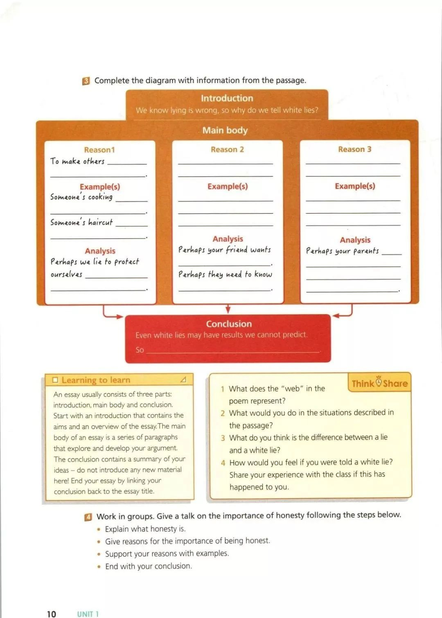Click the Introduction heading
[x=227, y=98]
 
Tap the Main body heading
[x=225, y=130]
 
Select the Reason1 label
[x=99, y=150]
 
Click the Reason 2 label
[x=227, y=149]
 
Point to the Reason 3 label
[x=354, y=149]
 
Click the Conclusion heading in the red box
[x=229, y=324]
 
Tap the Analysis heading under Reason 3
[x=355, y=240]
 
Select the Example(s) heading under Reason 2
[x=228, y=186]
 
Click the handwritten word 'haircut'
[x=100, y=222]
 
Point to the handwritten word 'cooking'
[x=100, y=197]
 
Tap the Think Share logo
[x=379, y=383]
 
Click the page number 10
[x=51, y=614]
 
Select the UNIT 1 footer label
[x=88, y=614]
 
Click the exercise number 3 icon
[x=86, y=81]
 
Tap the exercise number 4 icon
[x=88, y=517]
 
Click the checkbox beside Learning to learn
[x=55, y=380]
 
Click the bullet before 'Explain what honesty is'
[x=99, y=529]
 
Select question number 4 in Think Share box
[x=223, y=463]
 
